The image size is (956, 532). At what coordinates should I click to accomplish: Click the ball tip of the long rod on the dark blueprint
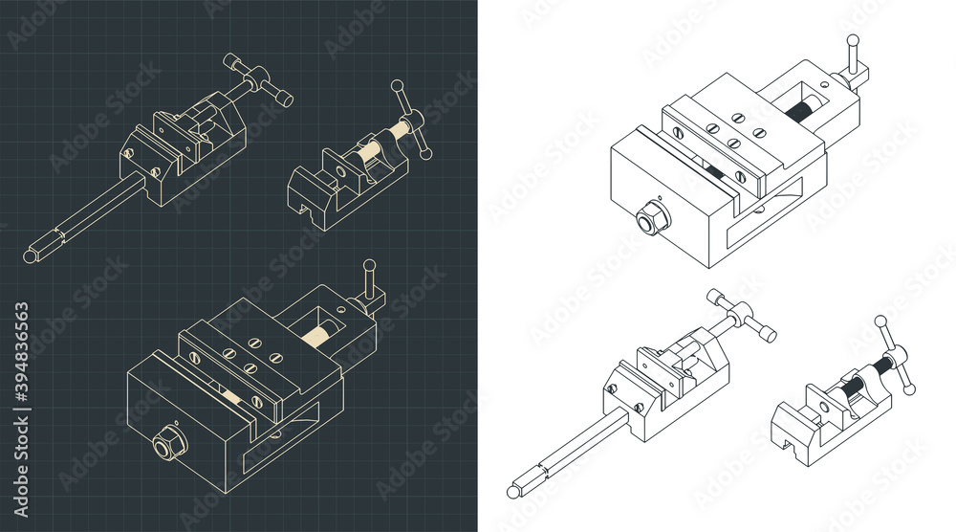(29, 256)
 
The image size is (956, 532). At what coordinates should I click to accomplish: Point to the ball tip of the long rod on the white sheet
(513, 492)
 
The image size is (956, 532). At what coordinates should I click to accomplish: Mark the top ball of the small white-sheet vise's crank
(880, 322)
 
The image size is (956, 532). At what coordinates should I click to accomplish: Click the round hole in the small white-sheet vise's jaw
(821, 413)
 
